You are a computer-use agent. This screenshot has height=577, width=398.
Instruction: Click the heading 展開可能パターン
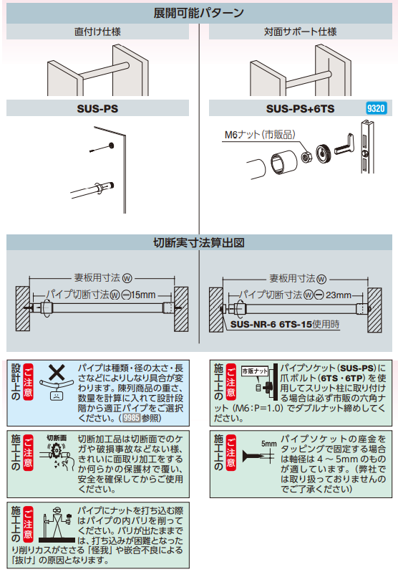(198, 13)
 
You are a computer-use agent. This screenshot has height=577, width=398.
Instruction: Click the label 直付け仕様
(97, 32)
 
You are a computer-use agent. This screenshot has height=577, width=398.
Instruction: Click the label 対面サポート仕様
(300, 32)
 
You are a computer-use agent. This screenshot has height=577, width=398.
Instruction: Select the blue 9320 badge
(376, 109)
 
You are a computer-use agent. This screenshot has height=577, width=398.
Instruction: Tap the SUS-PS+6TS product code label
(300, 109)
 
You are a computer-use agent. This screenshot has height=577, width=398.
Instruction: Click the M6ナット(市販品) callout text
(260, 134)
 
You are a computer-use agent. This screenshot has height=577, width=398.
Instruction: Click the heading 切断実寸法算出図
(198, 243)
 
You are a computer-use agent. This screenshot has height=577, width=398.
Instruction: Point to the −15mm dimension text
(138, 295)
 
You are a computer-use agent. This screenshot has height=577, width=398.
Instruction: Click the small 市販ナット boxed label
(255, 371)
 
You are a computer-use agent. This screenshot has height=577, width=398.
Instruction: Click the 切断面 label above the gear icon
(57, 437)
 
